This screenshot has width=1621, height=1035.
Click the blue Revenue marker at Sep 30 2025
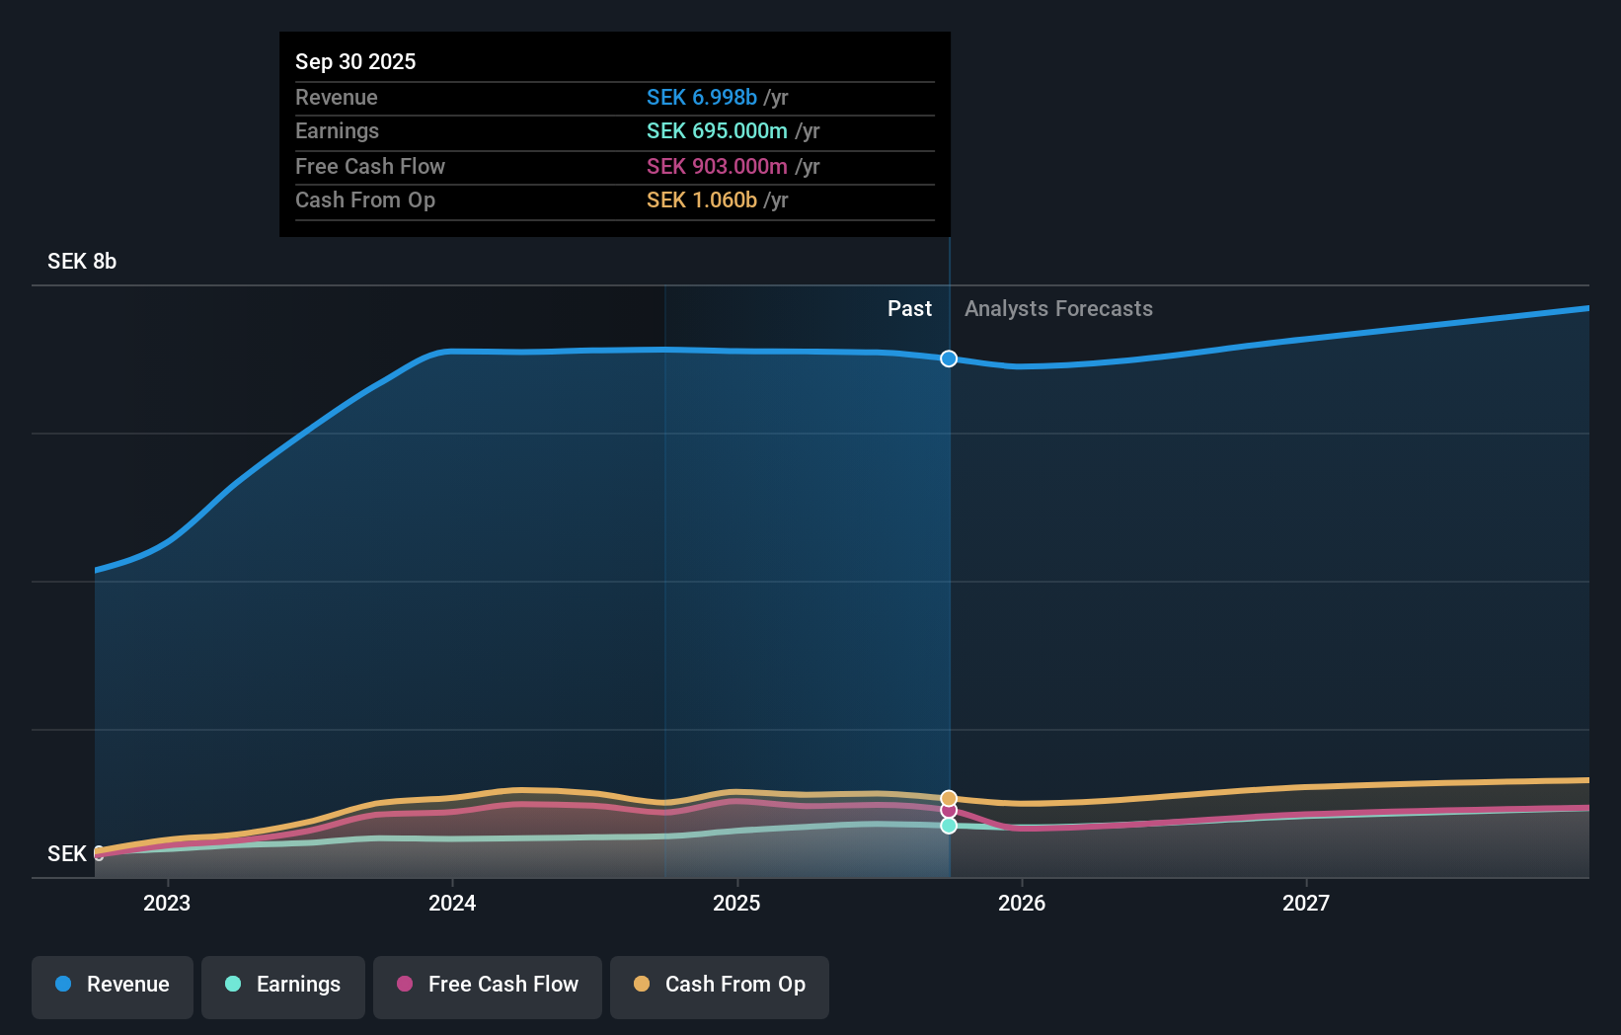click(x=949, y=358)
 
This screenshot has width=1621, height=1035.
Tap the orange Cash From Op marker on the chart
click(x=949, y=798)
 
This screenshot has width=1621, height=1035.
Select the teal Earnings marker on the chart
click(x=949, y=826)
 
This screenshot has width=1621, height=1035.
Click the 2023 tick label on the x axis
click(x=167, y=903)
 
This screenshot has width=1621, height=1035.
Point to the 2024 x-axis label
click(x=452, y=903)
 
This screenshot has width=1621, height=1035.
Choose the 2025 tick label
click(x=736, y=903)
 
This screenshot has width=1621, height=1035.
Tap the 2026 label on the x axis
click(x=1022, y=903)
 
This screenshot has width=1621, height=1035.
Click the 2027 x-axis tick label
click(x=1306, y=903)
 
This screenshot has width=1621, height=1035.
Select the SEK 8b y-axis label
click(x=82, y=262)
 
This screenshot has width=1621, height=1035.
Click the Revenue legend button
click(x=113, y=985)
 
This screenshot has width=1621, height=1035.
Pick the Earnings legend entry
click(x=283, y=985)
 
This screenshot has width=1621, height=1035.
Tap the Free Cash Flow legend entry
click(x=488, y=985)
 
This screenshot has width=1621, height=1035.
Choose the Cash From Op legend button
click(x=720, y=985)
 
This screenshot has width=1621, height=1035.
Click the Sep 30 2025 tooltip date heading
click(x=355, y=61)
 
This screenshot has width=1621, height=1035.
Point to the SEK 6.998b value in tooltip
click(x=702, y=97)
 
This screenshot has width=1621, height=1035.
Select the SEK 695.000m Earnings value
click(x=717, y=131)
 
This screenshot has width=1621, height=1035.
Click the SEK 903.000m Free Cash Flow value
click(x=717, y=166)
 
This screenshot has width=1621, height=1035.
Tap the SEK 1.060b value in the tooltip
click(x=702, y=200)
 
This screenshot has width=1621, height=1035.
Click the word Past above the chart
click(x=909, y=309)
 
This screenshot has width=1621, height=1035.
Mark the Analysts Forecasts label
click(x=1058, y=309)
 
